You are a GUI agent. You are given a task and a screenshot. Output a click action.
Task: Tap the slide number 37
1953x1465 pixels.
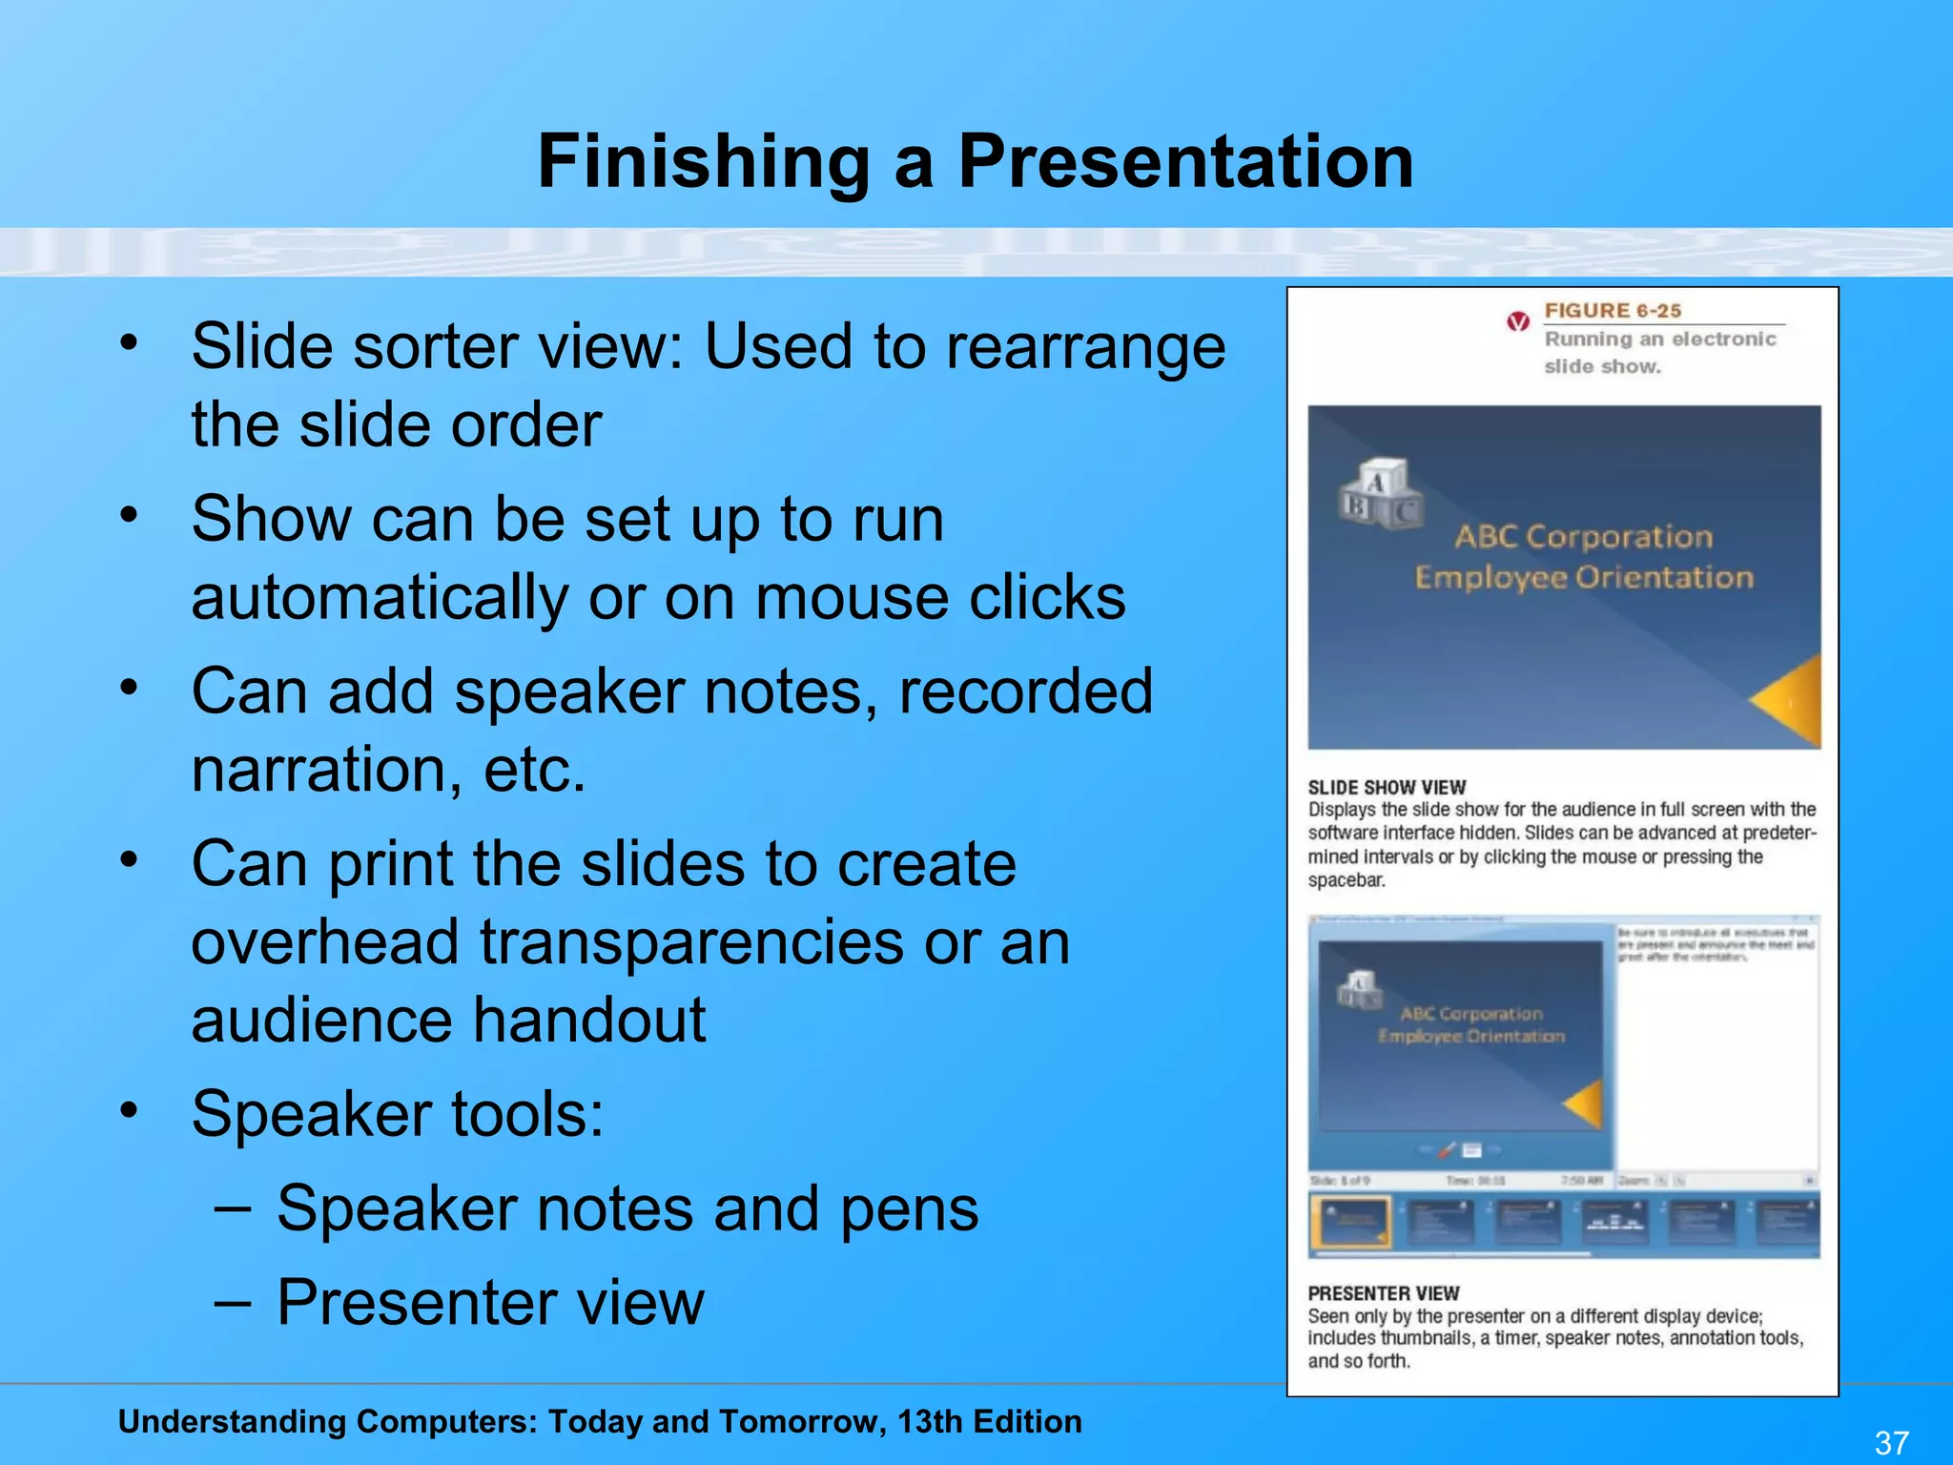[x=1892, y=1442]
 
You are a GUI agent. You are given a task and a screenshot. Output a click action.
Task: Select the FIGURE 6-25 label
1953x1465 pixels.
[x=1613, y=311]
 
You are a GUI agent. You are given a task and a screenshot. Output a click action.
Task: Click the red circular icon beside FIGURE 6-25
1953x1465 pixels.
[x=1518, y=321]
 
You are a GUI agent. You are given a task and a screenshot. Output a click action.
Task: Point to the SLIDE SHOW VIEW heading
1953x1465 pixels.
[x=1387, y=788]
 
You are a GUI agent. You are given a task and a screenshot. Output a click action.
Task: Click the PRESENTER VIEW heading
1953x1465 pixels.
[x=1383, y=1293]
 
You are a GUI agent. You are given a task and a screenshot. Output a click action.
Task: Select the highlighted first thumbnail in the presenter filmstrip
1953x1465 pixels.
[x=1351, y=1223]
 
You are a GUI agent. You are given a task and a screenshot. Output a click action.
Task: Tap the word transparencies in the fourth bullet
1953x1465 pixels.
[x=691, y=942]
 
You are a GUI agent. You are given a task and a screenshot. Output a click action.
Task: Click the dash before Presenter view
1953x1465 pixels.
[x=233, y=1302]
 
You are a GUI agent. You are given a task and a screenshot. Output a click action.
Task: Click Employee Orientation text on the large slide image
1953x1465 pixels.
[x=1583, y=578]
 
